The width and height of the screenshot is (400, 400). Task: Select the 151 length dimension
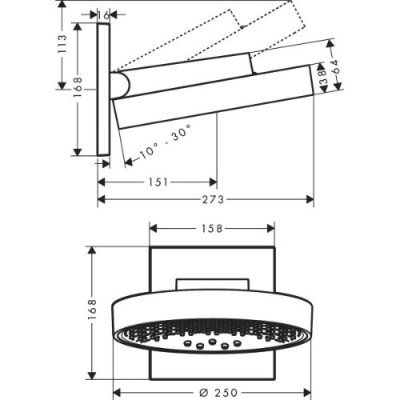pos(158,182)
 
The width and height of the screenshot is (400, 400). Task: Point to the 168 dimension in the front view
pos(94,307)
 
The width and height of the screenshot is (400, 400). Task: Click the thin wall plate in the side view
pos(103,88)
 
